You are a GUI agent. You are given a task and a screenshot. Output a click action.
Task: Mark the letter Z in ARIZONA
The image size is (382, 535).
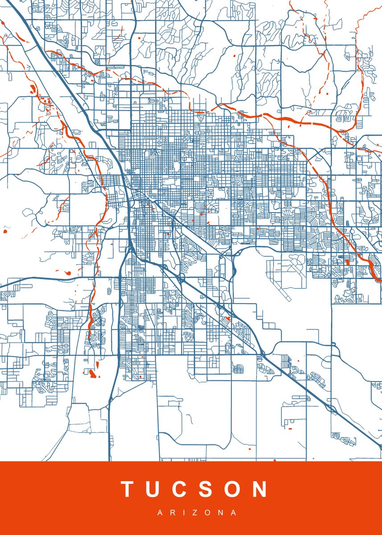click(195, 513)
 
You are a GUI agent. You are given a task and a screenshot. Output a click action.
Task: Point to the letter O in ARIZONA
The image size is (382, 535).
click(207, 513)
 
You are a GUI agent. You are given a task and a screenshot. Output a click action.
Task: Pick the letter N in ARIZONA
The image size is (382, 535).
click(221, 513)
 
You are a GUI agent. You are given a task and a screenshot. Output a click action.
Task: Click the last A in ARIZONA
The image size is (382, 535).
click(234, 513)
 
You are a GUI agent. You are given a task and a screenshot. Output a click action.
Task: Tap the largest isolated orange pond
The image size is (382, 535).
click(92, 373)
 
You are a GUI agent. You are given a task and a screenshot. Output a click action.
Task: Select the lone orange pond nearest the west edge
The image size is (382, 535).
click(6, 231)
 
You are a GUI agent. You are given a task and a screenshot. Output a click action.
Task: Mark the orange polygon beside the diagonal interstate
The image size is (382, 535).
click(227, 318)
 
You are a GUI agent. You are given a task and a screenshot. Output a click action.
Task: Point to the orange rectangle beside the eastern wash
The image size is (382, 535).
click(347, 261)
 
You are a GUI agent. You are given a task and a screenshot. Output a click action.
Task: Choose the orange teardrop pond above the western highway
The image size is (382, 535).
click(68, 272)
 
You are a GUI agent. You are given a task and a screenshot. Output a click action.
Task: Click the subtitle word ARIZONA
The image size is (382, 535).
click(197, 513)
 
